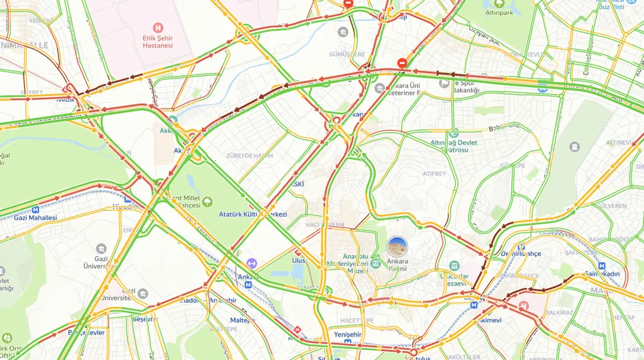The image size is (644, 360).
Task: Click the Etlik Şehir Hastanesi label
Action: (x=157, y=42)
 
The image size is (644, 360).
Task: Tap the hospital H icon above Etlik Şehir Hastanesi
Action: (x=158, y=27)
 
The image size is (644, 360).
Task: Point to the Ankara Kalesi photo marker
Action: (x=397, y=247)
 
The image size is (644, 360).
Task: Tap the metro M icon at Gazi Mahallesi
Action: (x=35, y=209)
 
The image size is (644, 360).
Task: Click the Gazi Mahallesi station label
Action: (x=35, y=218)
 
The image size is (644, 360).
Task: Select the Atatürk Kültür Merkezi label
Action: (x=253, y=215)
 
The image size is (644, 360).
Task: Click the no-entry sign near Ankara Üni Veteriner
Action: (x=402, y=63)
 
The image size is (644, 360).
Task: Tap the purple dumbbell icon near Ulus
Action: (x=252, y=263)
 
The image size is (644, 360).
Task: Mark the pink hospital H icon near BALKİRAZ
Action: (x=523, y=305)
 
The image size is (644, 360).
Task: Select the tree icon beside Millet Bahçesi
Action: (x=207, y=201)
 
